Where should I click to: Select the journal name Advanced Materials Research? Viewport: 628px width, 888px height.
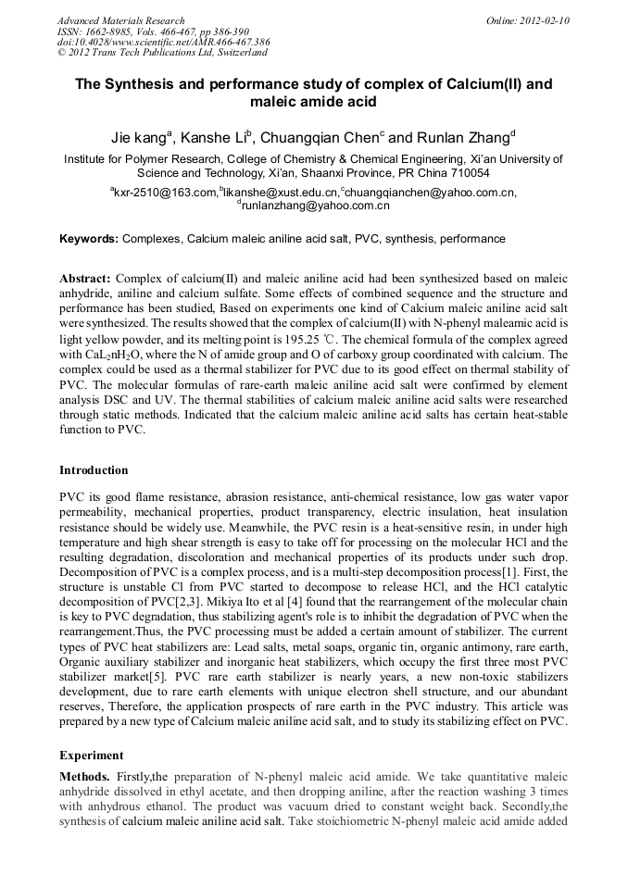(120, 20)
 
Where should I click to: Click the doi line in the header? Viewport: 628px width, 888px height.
(163, 43)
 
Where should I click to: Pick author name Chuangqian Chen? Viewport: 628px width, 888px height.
(318, 138)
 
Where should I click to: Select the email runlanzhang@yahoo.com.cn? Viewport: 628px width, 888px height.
(315, 206)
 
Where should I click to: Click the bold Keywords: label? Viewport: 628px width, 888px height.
(88, 239)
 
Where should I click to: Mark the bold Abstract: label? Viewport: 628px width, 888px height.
(85, 279)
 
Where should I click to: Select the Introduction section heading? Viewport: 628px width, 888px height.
(94, 470)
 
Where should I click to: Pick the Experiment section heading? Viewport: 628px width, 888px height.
(91, 755)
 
